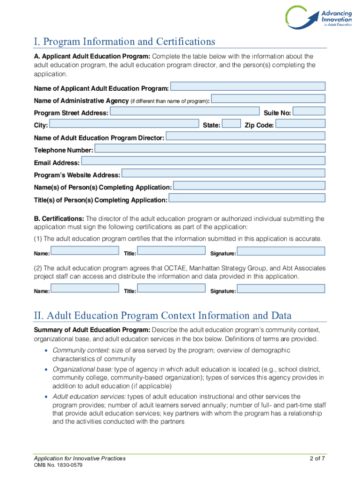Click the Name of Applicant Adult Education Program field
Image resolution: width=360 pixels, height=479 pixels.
(248, 87)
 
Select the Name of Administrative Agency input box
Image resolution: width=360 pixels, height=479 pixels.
(268, 99)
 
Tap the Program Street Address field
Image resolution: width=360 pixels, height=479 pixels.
(184, 111)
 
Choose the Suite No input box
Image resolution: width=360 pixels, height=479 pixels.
(309, 111)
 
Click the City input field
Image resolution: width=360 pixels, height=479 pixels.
(124, 123)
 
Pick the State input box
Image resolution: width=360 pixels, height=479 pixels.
(231, 123)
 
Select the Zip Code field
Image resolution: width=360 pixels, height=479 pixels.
(300, 123)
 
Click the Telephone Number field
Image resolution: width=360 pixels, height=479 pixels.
(210, 148)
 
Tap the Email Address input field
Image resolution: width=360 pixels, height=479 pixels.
(203, 160)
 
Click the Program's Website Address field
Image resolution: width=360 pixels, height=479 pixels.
(223, 173)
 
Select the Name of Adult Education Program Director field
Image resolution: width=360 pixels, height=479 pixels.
(245, 136)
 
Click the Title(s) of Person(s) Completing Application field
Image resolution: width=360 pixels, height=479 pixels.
(246, 198)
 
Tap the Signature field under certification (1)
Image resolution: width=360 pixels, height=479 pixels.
(281, 252)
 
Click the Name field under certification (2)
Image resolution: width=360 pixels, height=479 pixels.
(85, 288)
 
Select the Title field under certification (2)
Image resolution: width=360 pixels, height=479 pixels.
(172, 288)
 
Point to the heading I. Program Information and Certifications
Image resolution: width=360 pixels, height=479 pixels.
(124, 42)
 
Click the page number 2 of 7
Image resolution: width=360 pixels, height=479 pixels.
(317, 458)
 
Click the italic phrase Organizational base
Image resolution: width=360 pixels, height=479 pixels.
(82, 369)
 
